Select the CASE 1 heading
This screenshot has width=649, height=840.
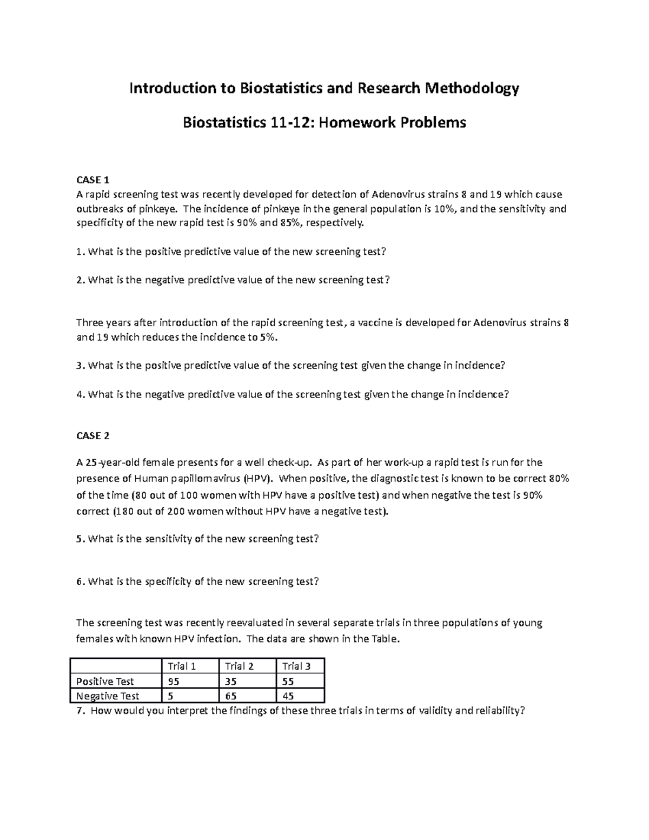92,180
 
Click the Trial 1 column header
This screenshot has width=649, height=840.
182,666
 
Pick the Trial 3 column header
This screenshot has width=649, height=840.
296,666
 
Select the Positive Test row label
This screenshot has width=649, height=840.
105,682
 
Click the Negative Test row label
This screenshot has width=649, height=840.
108,696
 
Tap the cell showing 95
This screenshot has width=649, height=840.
174,682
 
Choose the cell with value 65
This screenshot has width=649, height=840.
231,696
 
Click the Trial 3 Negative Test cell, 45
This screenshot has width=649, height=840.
288,696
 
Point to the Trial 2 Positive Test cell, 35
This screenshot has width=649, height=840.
231,682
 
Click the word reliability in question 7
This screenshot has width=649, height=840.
497,711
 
